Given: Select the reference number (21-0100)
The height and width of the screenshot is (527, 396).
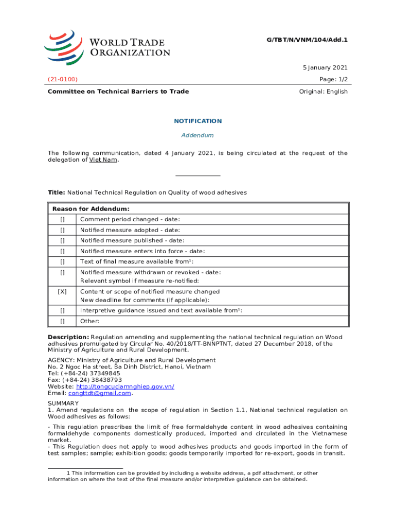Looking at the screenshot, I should [x=63, y=79].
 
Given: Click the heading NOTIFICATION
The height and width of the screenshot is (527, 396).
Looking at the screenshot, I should [x=197, y=121].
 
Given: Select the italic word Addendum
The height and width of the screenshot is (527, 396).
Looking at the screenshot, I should [x=197, y=135].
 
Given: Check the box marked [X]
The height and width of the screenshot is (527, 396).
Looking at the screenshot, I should [x=62, y=291].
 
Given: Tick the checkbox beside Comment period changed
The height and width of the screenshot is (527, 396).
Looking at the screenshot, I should [x=62, y=219].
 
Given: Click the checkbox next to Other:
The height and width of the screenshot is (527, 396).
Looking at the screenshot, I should [x=62, y=321].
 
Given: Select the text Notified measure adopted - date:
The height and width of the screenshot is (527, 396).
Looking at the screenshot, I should [x=130, y=230].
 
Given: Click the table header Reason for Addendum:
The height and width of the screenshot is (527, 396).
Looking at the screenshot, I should [x=91, y=209].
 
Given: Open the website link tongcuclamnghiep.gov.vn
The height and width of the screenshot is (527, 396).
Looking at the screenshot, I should [x=125, y=387].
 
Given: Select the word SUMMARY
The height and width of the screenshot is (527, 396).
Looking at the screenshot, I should [x=63, y=403].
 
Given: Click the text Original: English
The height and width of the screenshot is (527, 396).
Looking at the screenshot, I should [x=323, y=92].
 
